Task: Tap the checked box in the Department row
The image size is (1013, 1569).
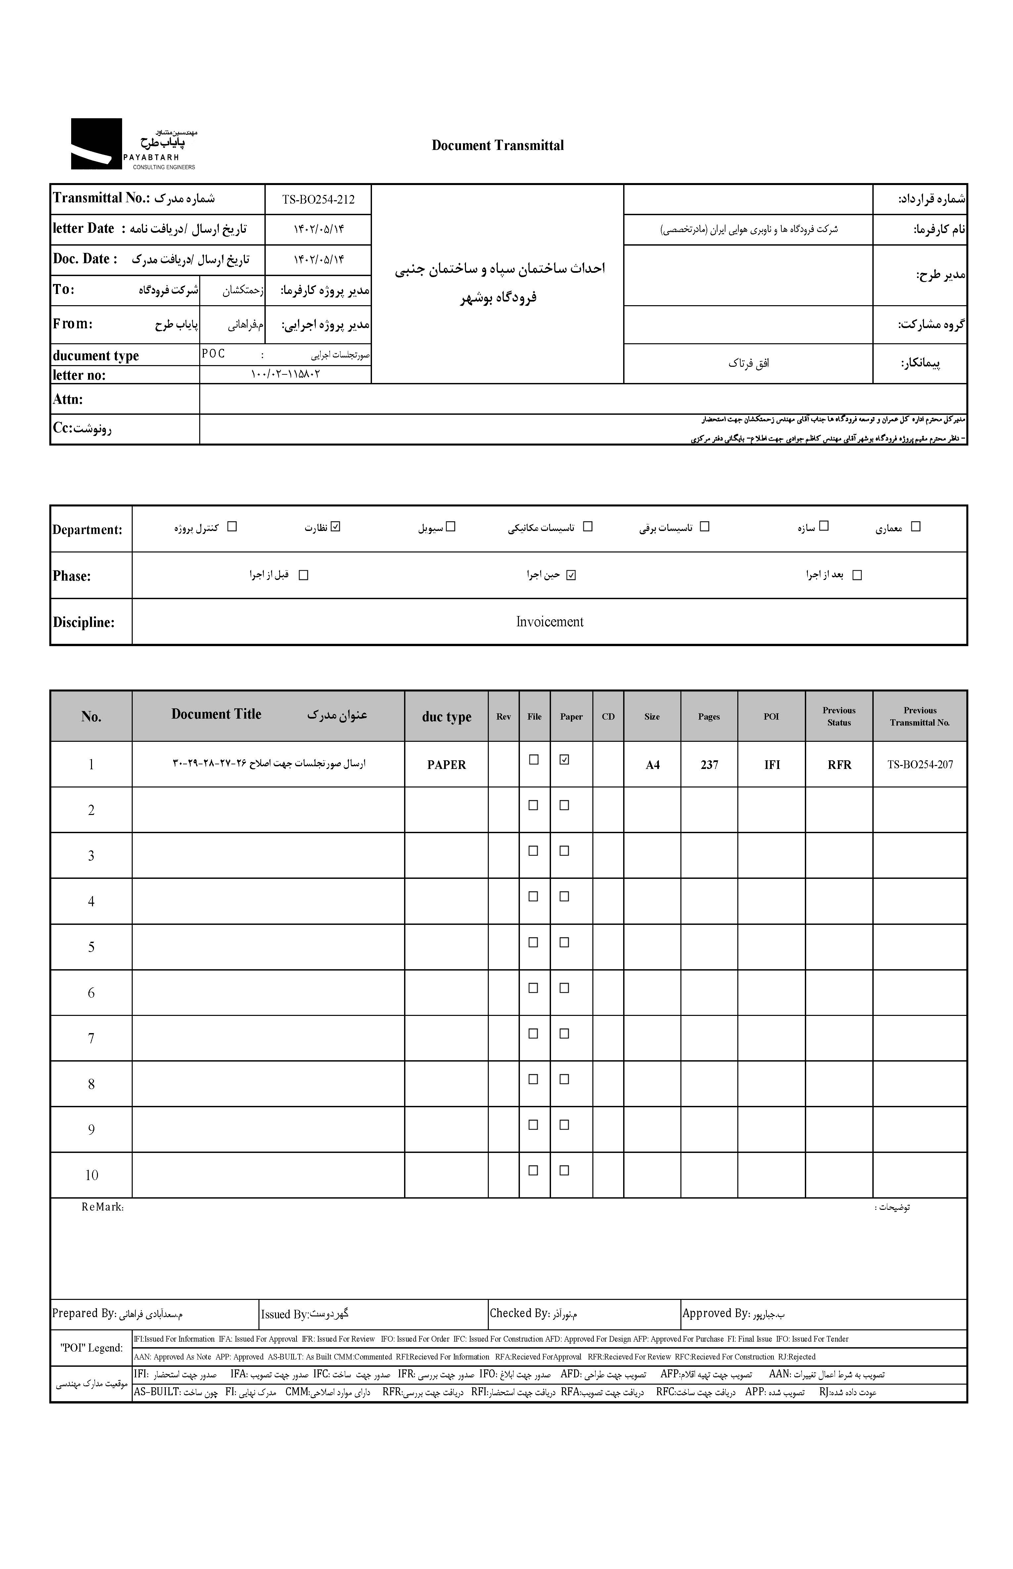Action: click(x=336, y=526)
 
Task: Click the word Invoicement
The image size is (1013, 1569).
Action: click(x=549, y=622)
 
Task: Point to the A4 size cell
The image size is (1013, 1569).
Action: click(x=652, y=764)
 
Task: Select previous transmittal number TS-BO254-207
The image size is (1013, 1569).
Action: click(x=920, y=764)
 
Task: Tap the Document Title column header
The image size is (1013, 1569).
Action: click(x=216, y=714)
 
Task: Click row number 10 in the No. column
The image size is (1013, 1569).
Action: click(x=91, y=1175)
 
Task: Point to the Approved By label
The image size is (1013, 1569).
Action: click(x=715, y=1313)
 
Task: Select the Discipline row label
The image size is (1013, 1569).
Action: click(x=83, y=622)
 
